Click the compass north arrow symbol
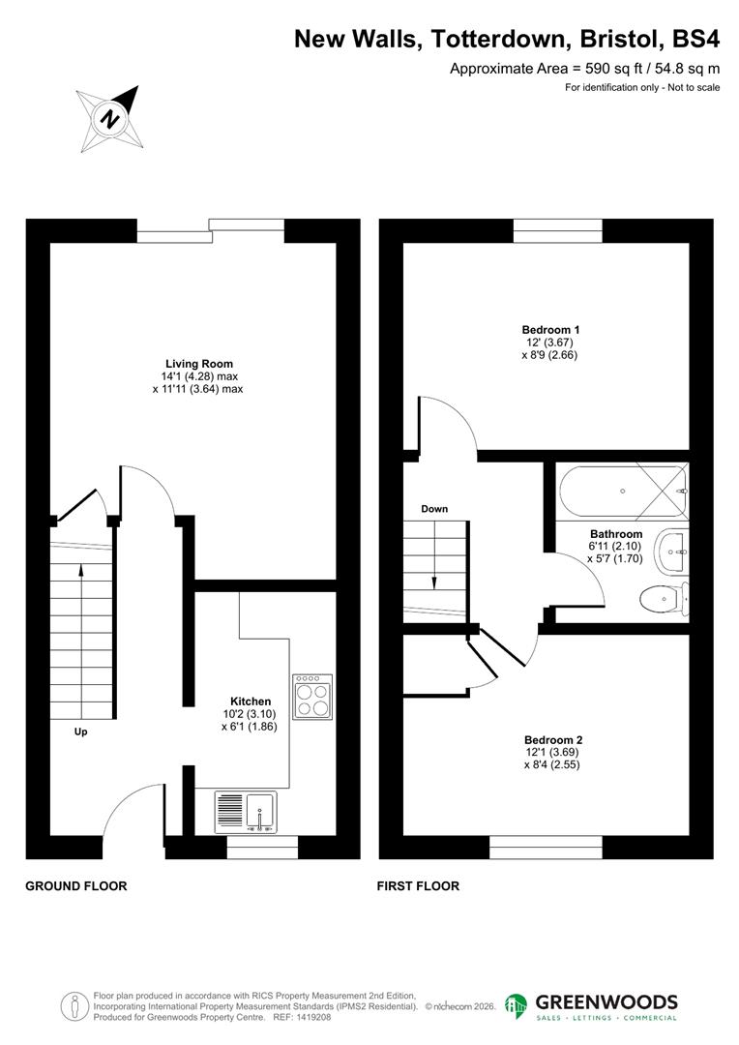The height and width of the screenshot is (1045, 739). [x=110, y=118]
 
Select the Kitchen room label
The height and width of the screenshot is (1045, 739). [x=250, y=702]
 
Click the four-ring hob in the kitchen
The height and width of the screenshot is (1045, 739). [x=312, y=695]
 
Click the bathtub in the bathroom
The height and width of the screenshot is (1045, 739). [x=621, y=491]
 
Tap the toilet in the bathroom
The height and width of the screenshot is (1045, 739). [x=666, y=601]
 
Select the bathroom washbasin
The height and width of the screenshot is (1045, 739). [x=672, y=552]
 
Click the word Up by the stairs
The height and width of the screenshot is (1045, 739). [x=81, y=732]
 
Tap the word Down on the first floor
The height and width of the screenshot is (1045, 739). [x=434, y=509]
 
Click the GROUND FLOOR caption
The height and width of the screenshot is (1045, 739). [x=75, y=885]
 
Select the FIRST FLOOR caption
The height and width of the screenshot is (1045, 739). [x=418, y=885]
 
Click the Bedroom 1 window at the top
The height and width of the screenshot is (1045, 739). [x=557, y=231]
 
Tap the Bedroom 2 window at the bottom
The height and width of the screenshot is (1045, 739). [x=546, y=848]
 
